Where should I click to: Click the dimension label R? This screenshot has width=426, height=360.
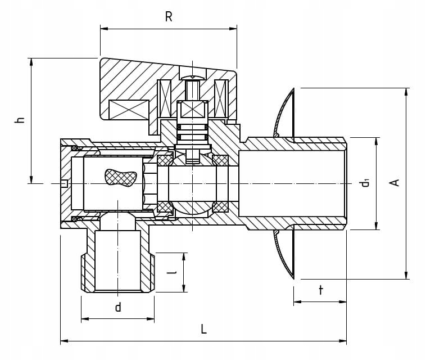tap(169, 16)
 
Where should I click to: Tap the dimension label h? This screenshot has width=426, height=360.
tap(20, 120)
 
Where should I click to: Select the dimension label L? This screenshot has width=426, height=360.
tap(203, 329)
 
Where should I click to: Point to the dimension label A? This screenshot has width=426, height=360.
tap(395, 182)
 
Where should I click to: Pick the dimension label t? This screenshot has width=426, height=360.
tap(320, 290)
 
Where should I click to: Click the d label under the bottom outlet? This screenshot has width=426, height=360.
tap(118, 307)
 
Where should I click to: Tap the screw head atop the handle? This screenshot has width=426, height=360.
tap(193, 75)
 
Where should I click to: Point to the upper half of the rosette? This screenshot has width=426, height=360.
tap(285, 112)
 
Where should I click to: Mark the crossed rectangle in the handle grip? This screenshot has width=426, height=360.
tap(129, 109)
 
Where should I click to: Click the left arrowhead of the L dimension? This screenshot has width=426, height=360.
tap(64, 341)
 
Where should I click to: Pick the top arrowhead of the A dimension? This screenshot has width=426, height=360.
tap(406, 92)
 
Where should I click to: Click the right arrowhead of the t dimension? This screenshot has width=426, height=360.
tap(343, 302)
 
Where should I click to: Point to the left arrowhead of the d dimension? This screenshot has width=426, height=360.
tap(84, 319)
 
